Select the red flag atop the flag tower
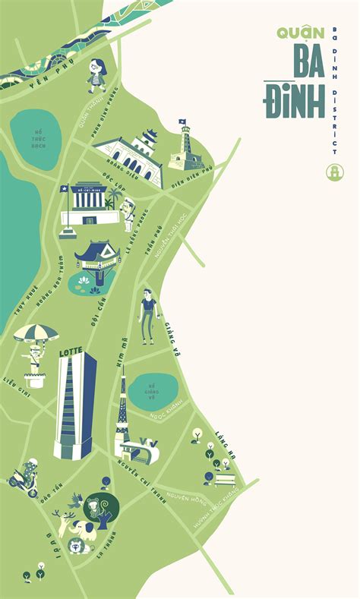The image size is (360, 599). tap(182, 122)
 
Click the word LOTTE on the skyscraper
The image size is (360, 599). tap(71, 353)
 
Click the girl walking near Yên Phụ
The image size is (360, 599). tap(96, 74)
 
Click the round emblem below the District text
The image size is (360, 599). tap(332, 172)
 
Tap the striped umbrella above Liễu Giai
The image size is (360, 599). tap(36, 333)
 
